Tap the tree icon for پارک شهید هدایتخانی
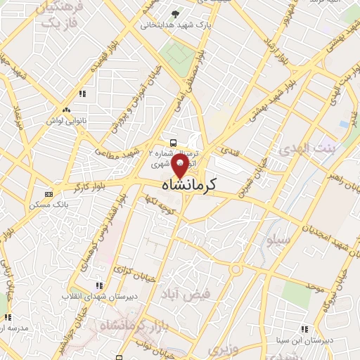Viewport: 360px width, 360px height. [x=175, y=13]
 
